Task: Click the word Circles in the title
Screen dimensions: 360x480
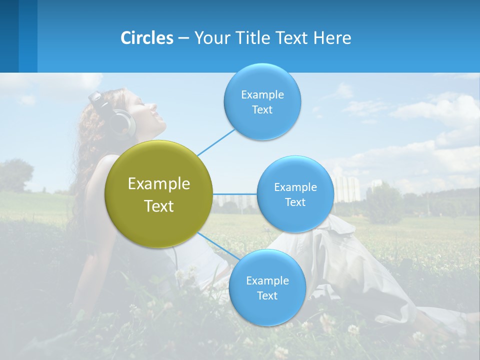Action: pyautogui.click(x=147, y=38)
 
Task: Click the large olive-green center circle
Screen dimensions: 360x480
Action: pyautogui.click(x=158, y=194)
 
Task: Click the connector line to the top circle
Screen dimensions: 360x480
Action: pyautogui.click(x=216, y=141)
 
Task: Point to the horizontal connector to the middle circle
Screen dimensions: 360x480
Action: pyautogui.click(x=234, y=194)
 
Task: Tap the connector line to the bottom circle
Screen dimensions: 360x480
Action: pyautogui.click(x=218, y=246)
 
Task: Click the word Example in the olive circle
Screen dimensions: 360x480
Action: pyautogui.click(x=158, y=184)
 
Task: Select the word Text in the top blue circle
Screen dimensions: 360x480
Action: pyautogui.click(x=262, y=110)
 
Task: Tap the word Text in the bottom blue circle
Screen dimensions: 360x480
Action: pyautogui.click(x=267, y=296)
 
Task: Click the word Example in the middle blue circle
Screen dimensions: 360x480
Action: pyautogui.click(x=295, y=187)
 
